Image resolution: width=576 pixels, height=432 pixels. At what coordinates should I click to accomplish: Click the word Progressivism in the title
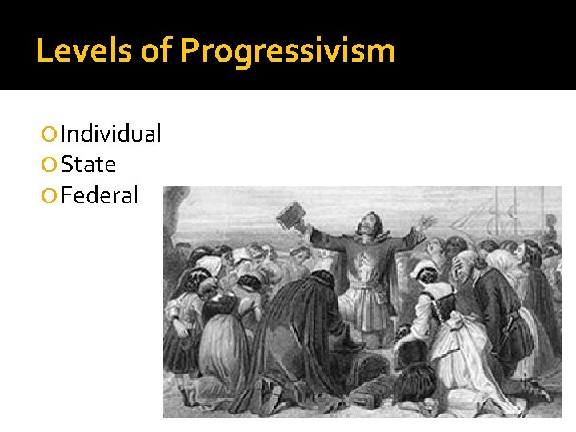pos(287,52)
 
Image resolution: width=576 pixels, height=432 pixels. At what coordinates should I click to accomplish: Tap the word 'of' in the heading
pos(155,50)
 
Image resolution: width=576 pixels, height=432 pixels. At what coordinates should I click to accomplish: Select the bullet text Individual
pos(110,134)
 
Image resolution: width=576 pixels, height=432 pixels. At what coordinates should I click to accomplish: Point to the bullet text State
pos(88,164)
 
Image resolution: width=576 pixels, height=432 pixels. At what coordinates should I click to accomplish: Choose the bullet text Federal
pos(99,194)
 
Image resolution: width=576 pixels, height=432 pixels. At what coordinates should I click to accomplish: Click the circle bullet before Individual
pos(50,134)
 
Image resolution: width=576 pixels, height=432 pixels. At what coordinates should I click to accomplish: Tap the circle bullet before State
pos(50,165)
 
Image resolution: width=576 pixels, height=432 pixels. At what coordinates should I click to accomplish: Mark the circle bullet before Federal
pos(50,195)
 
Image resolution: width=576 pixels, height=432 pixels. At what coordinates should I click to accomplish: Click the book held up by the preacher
pos(288,217)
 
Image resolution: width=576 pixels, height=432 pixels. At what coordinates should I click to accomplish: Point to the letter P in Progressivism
pos(191,50)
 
